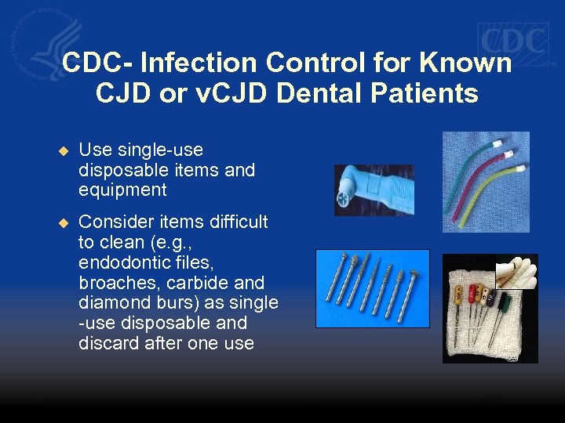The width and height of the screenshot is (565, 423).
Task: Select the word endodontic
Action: coord(122,262)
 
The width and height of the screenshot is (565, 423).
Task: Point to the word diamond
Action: coord(110,303)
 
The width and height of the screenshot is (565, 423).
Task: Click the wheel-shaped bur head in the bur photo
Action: coord(414,276)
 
